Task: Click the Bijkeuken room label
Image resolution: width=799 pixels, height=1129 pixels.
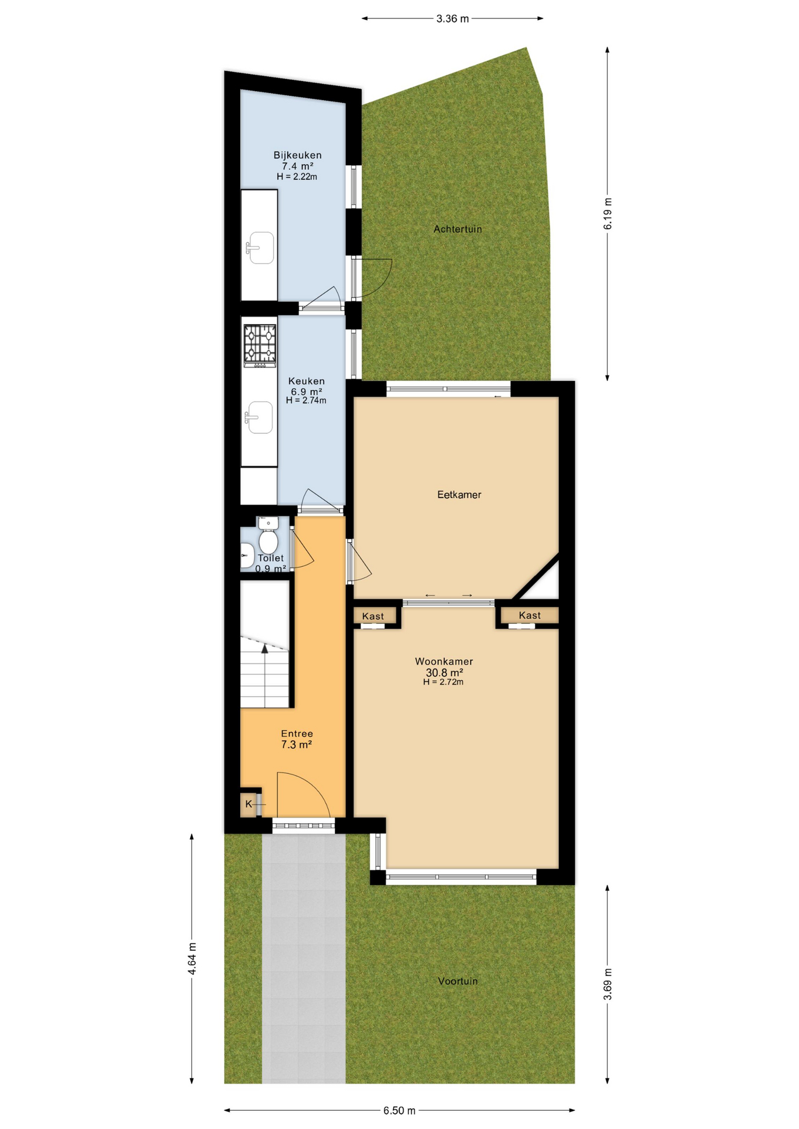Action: (x=297, y=155)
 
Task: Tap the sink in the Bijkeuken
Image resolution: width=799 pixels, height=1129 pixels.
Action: (x=260, y=248)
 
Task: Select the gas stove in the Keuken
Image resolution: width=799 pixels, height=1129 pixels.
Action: (x=260, y=345)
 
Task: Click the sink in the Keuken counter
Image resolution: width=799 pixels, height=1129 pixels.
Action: (x=259, y=417)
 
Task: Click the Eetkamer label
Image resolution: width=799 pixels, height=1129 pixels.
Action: (x=459, y=495)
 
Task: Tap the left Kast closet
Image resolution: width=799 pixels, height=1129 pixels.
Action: (x=373, y=616)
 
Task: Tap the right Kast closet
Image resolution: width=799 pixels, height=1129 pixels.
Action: (x=530, y=615)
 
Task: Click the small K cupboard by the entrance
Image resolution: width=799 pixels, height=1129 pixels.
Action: (x=249, y=804)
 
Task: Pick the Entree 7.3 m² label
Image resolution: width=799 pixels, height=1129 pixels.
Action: (x=297, y=739)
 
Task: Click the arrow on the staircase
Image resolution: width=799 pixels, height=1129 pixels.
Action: (x=265, y=649)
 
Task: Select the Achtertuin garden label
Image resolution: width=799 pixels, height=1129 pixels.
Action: (x=458, y=229)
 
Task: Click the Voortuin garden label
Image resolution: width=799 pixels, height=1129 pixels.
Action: (x=458, y=981)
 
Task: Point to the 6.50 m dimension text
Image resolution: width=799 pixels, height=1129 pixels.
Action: (x=399, y=1110)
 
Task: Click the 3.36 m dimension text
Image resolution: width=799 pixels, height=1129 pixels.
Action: (x=452, y=19)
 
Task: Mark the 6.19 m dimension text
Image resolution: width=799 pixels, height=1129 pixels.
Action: (x=608, y=213)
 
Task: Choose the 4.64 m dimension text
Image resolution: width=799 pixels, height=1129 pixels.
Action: (x=192, y=958)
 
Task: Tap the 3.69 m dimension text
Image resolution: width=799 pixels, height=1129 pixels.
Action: (x=608, y=984)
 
